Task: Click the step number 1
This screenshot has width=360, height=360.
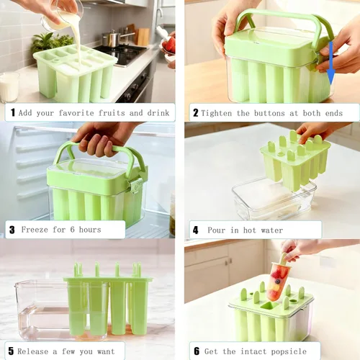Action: tap(13, 112)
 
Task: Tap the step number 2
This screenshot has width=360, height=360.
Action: tap(196, 113)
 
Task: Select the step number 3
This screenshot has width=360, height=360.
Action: tap(12, 230)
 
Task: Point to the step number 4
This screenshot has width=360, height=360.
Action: tap(196, 230)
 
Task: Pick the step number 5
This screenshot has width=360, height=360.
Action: tap(11, 351)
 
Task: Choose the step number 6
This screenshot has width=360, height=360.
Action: tap(197, 351)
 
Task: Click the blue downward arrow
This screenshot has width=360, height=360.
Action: tap(331, 63)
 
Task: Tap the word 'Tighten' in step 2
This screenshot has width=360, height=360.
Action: tap(217, 113)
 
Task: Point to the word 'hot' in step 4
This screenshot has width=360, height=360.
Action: tap(250, 230)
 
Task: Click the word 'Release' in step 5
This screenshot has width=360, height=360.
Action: tap(33, 351)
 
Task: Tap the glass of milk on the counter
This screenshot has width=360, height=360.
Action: tap(9, 87)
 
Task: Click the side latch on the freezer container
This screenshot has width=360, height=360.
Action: tap(136, 186)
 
